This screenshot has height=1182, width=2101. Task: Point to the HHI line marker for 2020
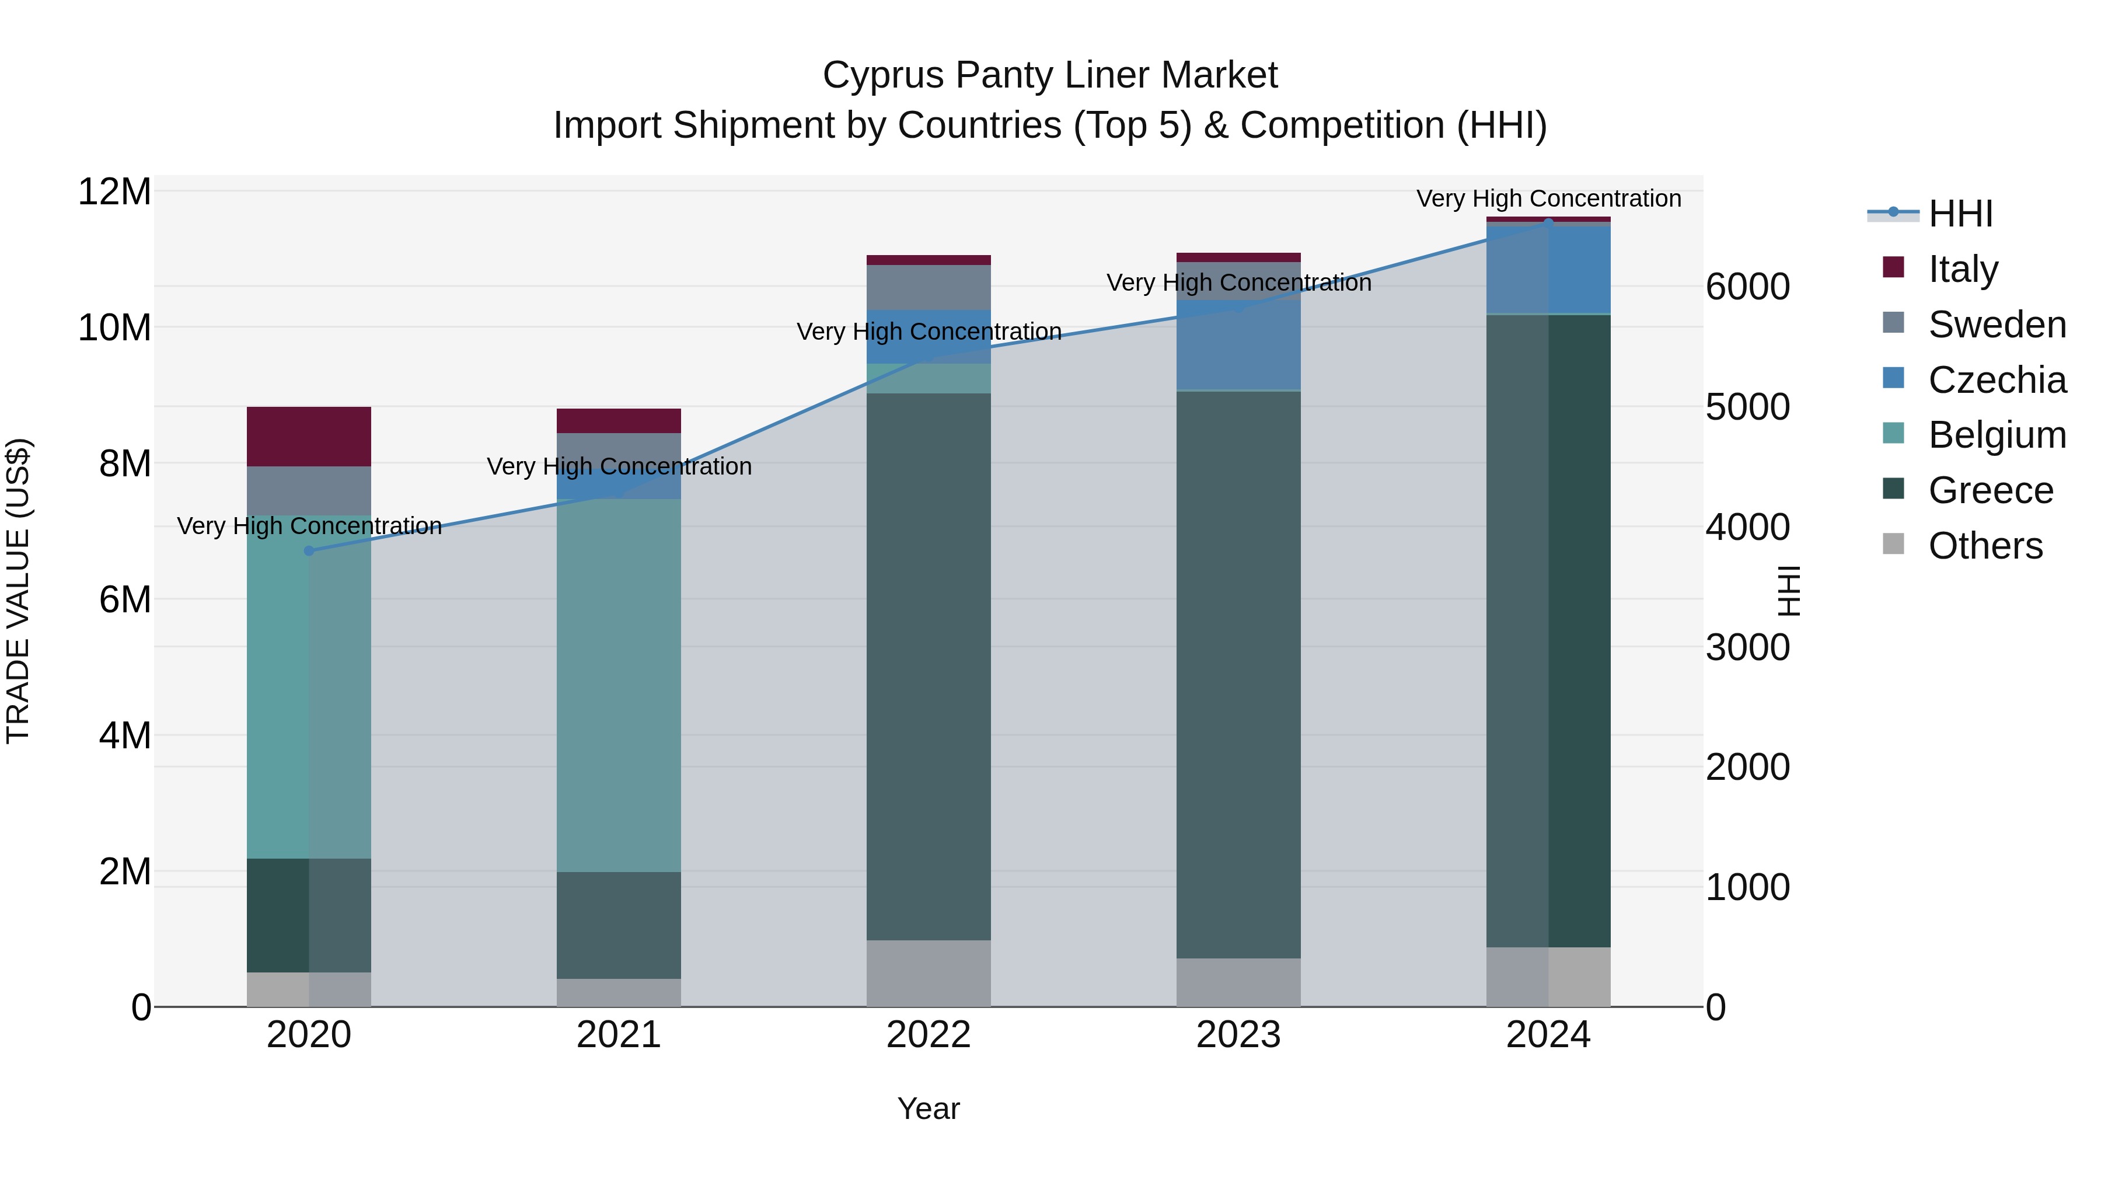[309, 550]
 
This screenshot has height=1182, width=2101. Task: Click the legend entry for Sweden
[1996, 325]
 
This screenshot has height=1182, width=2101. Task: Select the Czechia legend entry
[1996, 380]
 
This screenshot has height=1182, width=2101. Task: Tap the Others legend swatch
[1893, 544]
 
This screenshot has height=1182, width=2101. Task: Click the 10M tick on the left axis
[115, 328]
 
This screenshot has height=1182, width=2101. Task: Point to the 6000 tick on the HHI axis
[1747, 287]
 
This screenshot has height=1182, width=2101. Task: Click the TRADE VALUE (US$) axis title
[18, 591]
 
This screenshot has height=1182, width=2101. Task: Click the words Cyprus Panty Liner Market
[1050, 75]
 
